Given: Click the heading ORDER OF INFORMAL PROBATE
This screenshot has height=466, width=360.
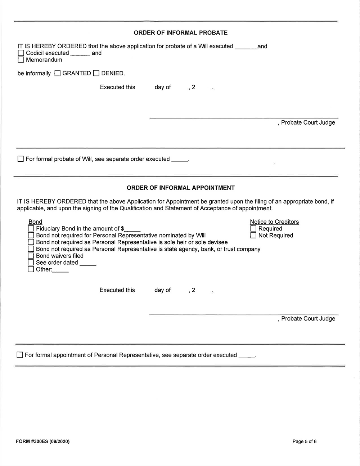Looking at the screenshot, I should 180,33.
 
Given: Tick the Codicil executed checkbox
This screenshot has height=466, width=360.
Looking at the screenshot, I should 21,53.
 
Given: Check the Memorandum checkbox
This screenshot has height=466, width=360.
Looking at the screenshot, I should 21,60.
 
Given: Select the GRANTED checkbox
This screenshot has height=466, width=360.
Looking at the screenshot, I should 58,73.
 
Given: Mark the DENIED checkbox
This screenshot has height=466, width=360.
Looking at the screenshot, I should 96,73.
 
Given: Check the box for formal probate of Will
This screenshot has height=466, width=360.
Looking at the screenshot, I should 21,159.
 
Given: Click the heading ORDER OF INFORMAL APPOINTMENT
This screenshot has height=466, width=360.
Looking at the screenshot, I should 180,188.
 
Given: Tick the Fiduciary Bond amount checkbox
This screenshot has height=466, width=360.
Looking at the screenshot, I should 31,229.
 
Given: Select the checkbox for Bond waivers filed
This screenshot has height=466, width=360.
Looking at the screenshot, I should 31,256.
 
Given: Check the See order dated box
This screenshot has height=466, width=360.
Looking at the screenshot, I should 31,263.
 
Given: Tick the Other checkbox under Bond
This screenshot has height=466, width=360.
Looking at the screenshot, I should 31,269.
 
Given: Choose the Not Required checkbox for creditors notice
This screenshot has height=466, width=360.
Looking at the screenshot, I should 253,236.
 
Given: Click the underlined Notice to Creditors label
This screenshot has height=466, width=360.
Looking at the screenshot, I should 274,222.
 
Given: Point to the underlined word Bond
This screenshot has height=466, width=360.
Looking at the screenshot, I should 35,222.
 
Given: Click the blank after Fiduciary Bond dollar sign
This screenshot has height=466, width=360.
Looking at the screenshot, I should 132,229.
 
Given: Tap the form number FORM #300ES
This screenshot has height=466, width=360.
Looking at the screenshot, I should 42,442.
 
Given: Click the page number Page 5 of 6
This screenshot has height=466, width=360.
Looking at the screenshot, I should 305,442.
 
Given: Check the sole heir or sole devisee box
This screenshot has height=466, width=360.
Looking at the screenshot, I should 31,242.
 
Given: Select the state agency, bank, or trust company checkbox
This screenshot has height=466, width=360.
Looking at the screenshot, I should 31,249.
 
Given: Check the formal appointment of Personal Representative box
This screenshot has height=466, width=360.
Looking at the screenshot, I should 20,355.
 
